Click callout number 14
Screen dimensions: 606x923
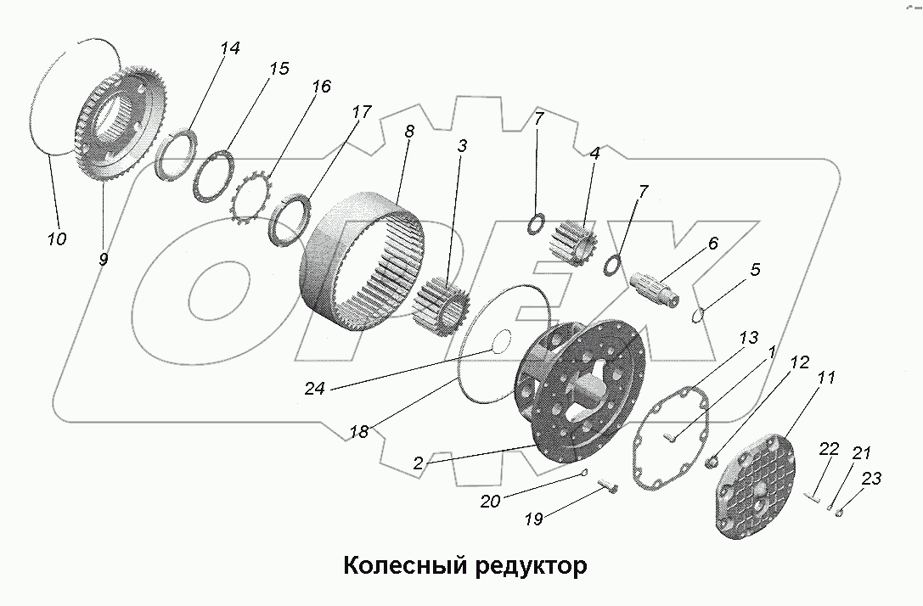pyautogui.click(x=228, y=48)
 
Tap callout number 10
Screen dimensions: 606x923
pyautogui.click(x=56, y=238)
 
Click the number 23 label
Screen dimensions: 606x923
pyautogui.click(x=871, y=479)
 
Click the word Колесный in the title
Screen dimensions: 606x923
pyautogui.click(x=401, y=566)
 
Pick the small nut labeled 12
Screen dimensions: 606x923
pyautogui.click(x=713, y=462)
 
